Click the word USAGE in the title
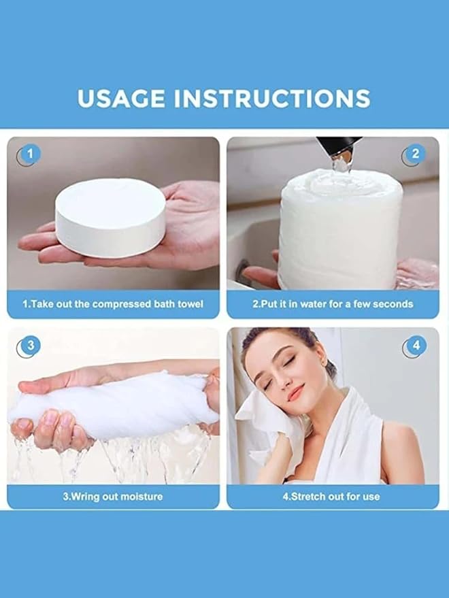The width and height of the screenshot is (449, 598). pyautogui.click(x=121, y=99)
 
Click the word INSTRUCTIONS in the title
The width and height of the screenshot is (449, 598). pyautogui.click(x=272, y=99)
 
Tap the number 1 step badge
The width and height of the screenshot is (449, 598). pyautogui.click(x=30, y=154)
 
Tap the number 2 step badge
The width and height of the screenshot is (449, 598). pyautogui.click(x=416, y=154)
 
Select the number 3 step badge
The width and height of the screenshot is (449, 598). pyautogui.click(x=31, y=345)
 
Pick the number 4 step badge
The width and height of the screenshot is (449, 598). pyautogui.click(x=416, y=345)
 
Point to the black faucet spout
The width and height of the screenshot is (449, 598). pyautogui.click(x=339, y=147)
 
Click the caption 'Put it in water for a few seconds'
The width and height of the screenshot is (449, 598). pyautogui.click(x=333, y=304)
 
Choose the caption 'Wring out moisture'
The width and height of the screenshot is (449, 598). pyautogui.click(x=112, y=497)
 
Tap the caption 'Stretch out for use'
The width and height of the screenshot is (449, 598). pyautogui.click(x=331, y=497)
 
